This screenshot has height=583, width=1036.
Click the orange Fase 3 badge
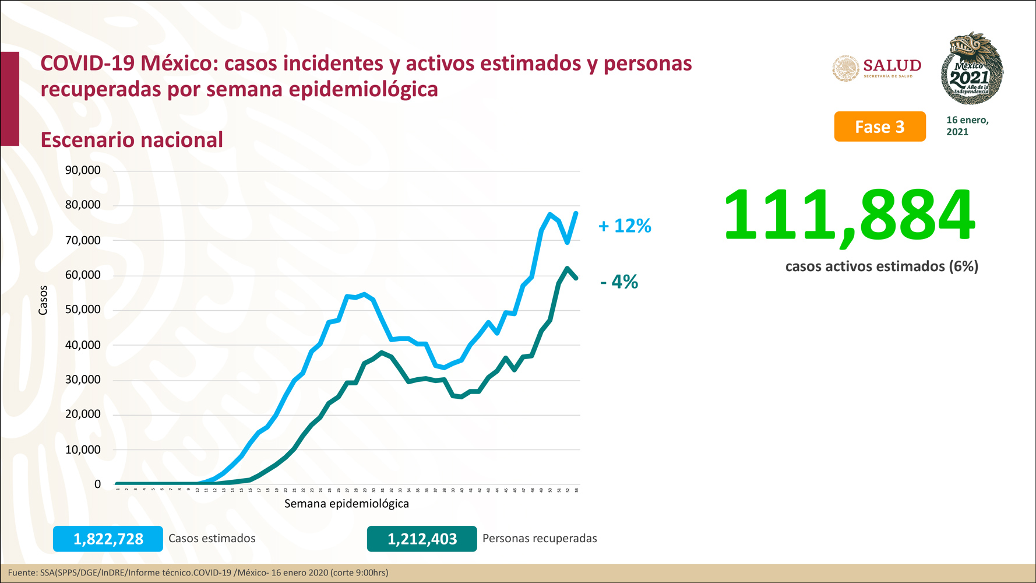(879, 127)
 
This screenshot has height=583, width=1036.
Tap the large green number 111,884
(849, 216)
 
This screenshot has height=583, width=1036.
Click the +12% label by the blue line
(625, 226)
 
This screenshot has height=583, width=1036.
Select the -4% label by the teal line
(619, 282)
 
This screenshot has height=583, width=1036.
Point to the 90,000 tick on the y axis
(83, 170)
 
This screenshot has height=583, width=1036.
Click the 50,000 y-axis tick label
(83, 310)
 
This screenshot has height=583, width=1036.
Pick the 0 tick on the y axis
(97, 484)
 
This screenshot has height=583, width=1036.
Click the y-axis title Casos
(43, 300)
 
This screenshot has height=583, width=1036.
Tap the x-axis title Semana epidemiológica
(346, 504)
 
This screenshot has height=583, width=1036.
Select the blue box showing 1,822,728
(108, 539)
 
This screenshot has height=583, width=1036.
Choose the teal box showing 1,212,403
(422, 539)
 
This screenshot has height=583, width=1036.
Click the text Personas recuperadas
(540, 539)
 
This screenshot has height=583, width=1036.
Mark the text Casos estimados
(212, 539)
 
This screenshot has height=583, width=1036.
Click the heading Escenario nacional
(132, 140)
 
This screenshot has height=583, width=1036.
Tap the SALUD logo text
(891, 65)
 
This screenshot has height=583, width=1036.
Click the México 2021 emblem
(971, 69)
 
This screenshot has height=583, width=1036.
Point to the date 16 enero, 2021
(967, 126)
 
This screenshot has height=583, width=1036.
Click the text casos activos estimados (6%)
(882, 266)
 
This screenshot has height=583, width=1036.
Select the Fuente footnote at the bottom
(198, 573)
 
